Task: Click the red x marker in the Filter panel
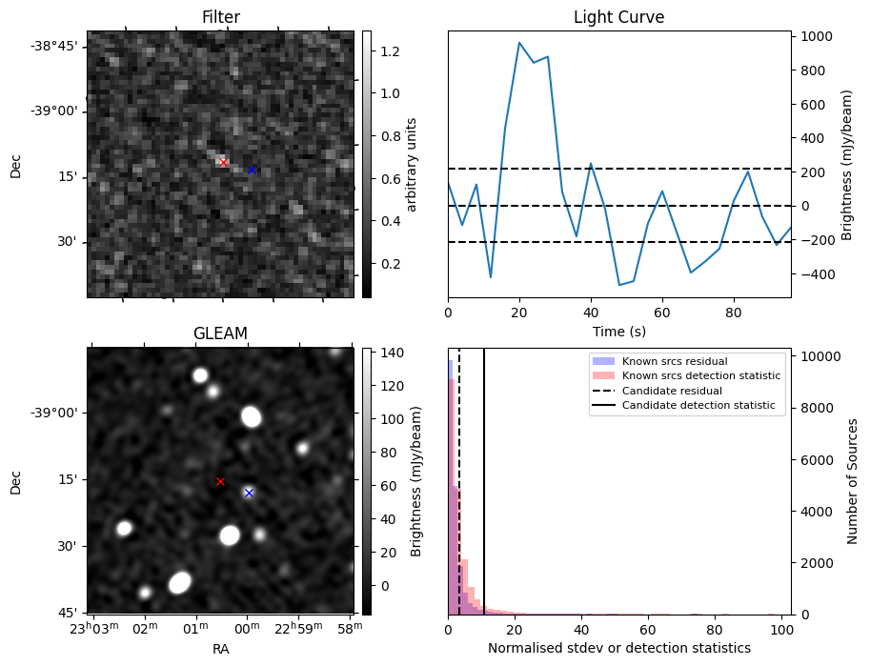[x=223, y=162]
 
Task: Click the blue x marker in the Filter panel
[x=252, y=170]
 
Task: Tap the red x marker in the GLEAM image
[x=220, y=481]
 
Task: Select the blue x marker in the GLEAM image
[x=249, y=493]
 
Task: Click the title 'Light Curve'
[x=618, y=17]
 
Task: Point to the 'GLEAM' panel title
[x=220, y=333]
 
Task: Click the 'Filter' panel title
[x=220, y=17]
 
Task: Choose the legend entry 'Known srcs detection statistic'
[x=700, y=375]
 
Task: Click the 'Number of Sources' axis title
[x=853, y=481]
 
